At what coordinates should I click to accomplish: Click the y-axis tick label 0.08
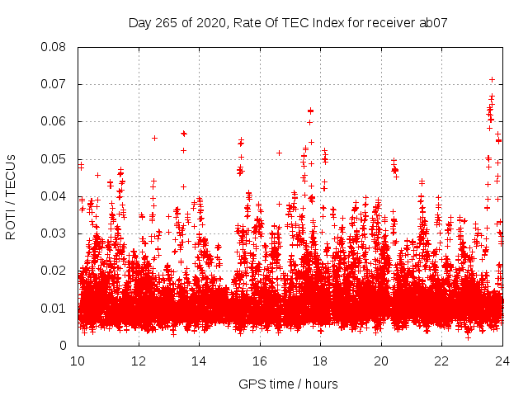[55, 47]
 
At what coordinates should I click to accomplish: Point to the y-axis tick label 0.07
[55, 84]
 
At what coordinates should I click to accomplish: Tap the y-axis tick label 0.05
[55, 159]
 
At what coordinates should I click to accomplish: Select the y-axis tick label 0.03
[55, 233]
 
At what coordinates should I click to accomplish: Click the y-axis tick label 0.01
[55, 309]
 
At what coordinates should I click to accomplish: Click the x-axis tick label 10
[78, 361]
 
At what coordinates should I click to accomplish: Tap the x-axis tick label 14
[199, 361]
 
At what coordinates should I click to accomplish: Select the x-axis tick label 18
[320, 361]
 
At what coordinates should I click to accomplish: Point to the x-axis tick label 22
[441, 361]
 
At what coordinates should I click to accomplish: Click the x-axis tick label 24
[502, 361]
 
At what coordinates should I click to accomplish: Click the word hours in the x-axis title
[320, 384]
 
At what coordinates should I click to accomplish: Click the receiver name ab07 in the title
[433, 23]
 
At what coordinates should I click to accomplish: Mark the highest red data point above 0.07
[493, 79]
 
